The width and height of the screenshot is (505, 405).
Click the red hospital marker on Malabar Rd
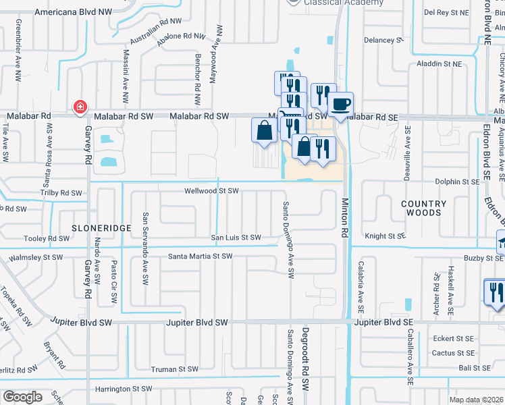80,107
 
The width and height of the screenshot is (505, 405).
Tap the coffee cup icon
341,105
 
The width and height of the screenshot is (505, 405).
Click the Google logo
22,397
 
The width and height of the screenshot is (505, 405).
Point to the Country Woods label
424,208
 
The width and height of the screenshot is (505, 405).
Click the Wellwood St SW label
212,191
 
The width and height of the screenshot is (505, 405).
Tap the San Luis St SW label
236,238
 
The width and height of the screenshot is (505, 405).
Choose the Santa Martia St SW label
200,256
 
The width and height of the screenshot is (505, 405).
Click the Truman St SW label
174,369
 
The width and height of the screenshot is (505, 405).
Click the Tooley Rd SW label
47,239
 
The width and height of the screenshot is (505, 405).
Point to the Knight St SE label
385,236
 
